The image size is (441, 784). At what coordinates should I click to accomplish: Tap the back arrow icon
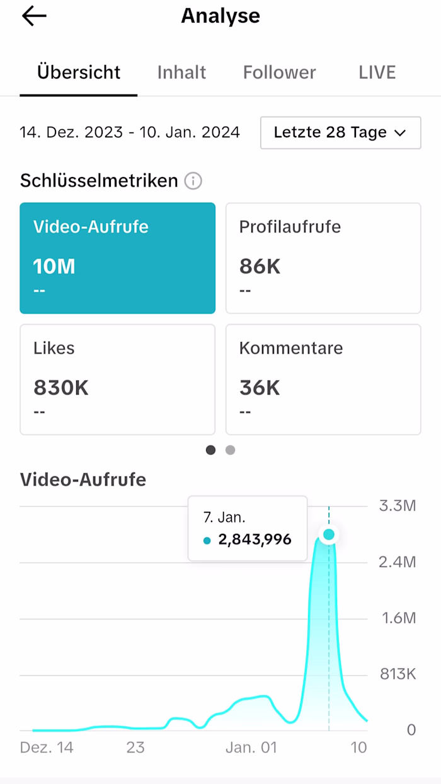click(34, 16)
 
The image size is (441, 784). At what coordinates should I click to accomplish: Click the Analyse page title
click(220, 16)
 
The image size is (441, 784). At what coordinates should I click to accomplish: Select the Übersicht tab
click(79, 72)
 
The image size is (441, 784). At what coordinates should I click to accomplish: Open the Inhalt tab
click(181, 72)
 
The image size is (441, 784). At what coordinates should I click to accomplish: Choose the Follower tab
click(279, 72)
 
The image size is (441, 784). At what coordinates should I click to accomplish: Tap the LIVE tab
click(377, 72)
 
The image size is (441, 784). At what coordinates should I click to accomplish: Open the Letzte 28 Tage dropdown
click(340, 132)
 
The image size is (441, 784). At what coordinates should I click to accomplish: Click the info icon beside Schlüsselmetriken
click(193, 182)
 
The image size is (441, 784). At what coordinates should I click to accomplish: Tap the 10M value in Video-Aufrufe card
click(54, 267)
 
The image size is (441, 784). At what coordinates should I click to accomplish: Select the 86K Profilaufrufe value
click(260, 267)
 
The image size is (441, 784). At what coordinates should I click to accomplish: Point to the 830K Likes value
click(61, 388)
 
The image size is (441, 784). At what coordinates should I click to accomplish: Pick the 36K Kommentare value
click(260, 388)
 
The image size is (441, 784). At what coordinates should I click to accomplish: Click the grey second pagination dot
click(231, 450)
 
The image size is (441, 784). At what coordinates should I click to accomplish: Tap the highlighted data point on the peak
click(329, 535)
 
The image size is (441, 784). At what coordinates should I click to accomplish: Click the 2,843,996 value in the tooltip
click(255, 539)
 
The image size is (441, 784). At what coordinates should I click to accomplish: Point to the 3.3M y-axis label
click(397, 505)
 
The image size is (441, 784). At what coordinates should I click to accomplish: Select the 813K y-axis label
click(397, 674)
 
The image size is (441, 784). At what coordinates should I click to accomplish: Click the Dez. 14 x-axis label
click(47, 747)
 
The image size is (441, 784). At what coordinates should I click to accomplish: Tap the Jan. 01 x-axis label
click(251, 747)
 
